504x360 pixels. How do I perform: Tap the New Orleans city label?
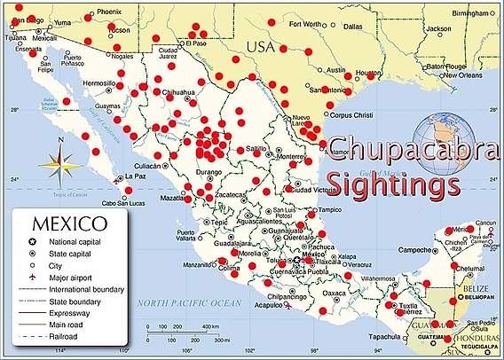pos(463,74)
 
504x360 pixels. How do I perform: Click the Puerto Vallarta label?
pos(185,236)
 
